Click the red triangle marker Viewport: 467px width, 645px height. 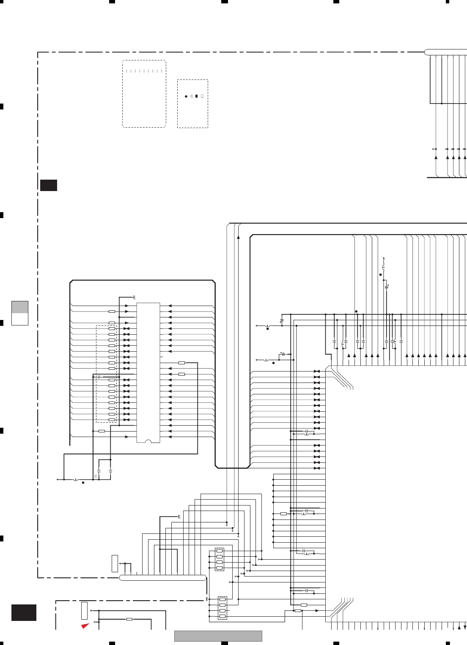(85, 626)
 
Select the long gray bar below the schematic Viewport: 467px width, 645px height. (218, 636)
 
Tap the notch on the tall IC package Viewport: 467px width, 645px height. (148, 441)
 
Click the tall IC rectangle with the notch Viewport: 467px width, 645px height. (148, 372)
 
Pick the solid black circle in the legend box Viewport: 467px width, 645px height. (186, 96)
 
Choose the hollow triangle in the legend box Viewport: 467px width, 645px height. (191, 96)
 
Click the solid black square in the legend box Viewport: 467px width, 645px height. (197, 96)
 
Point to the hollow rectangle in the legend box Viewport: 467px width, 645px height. (202, 96)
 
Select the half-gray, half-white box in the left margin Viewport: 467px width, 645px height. (19, 313)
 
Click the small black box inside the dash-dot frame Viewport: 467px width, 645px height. (49, 185)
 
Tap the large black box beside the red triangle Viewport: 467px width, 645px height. (24, 612)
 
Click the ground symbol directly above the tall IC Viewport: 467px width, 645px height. (134, 297)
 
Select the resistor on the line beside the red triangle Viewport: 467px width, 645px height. (129, 619)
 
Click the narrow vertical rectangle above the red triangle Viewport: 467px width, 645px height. (84, 610)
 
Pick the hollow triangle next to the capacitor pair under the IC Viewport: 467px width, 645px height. (96, 476)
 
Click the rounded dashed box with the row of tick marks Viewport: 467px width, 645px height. (144, 94)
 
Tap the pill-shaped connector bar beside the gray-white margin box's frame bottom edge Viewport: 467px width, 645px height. (163, 578)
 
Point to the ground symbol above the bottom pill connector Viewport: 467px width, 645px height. (179, 517)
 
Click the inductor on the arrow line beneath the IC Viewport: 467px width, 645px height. (76, 480)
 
